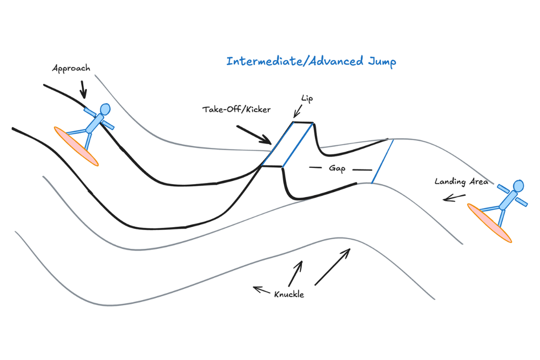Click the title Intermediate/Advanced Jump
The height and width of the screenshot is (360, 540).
pyautogui.click(x=311, y=62)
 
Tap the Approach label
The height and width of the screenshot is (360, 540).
pyautogui.click(x=71, y=69)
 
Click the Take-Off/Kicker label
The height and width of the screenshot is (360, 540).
pyautogui.click(x=237, y=109)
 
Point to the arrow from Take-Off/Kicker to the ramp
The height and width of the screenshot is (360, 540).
pyautogui.click(x=254, y=135)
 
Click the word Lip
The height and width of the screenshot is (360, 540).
pyautogui.click(x=307, y=100)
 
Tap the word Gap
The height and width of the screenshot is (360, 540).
pyautogui.click(x=337, y=168)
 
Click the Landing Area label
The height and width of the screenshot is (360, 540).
pyautogui.click(x=461, y=181)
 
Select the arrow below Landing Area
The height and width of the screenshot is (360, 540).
pyautogui.click(x=453, y=198)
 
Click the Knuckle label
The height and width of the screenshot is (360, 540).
pyautogui.click(x=289, y=295)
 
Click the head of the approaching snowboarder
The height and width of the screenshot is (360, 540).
pyautogui.click(x=104, y=110)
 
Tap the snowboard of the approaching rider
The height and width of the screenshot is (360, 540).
pyautogui.click(x=76, y=146)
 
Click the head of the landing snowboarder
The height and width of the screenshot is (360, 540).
pyautogui.click(x=518, y=187)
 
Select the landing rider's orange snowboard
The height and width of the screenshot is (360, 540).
pyautogui.click(x=489, y=223)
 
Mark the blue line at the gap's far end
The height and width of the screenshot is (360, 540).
pyautogui.click(x=382, y=161)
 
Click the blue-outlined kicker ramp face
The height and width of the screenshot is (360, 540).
pyautogui.click(x=286, y=144)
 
